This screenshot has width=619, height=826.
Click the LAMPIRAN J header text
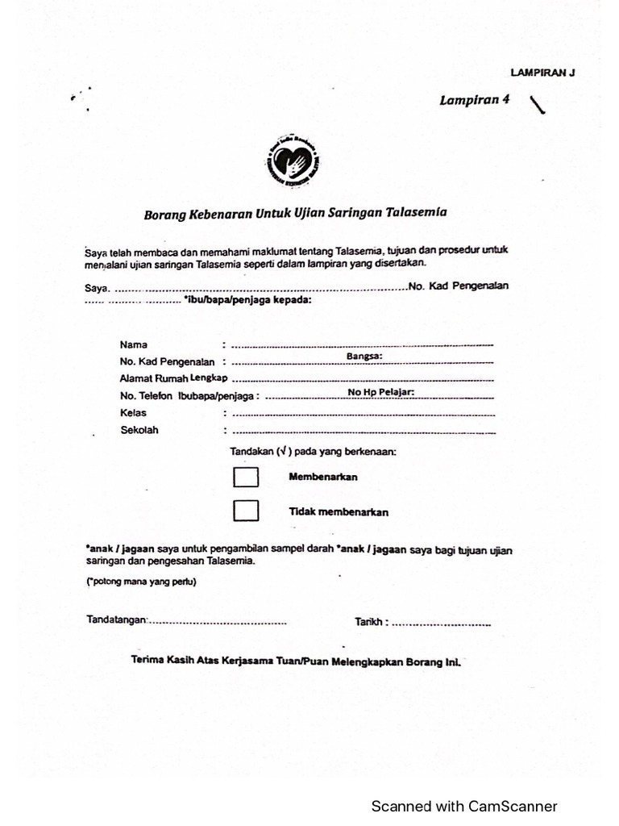[x=542, y=73]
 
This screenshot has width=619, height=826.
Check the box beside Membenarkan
[x=246, y=478]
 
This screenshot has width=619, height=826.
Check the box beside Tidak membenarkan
[x=246, y=511]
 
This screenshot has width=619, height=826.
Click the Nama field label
[x=134, y=344]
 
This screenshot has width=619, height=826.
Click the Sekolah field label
[x=139, y=430]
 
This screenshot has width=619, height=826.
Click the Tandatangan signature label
[x=117, y=620]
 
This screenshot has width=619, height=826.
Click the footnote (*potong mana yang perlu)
[x=141, y=582]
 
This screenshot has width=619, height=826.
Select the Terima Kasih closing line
[x=295, y=660]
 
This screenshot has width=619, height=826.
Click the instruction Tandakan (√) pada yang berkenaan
[x=314, y=453]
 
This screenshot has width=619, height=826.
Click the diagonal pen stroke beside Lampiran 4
[x=537, y=104]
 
